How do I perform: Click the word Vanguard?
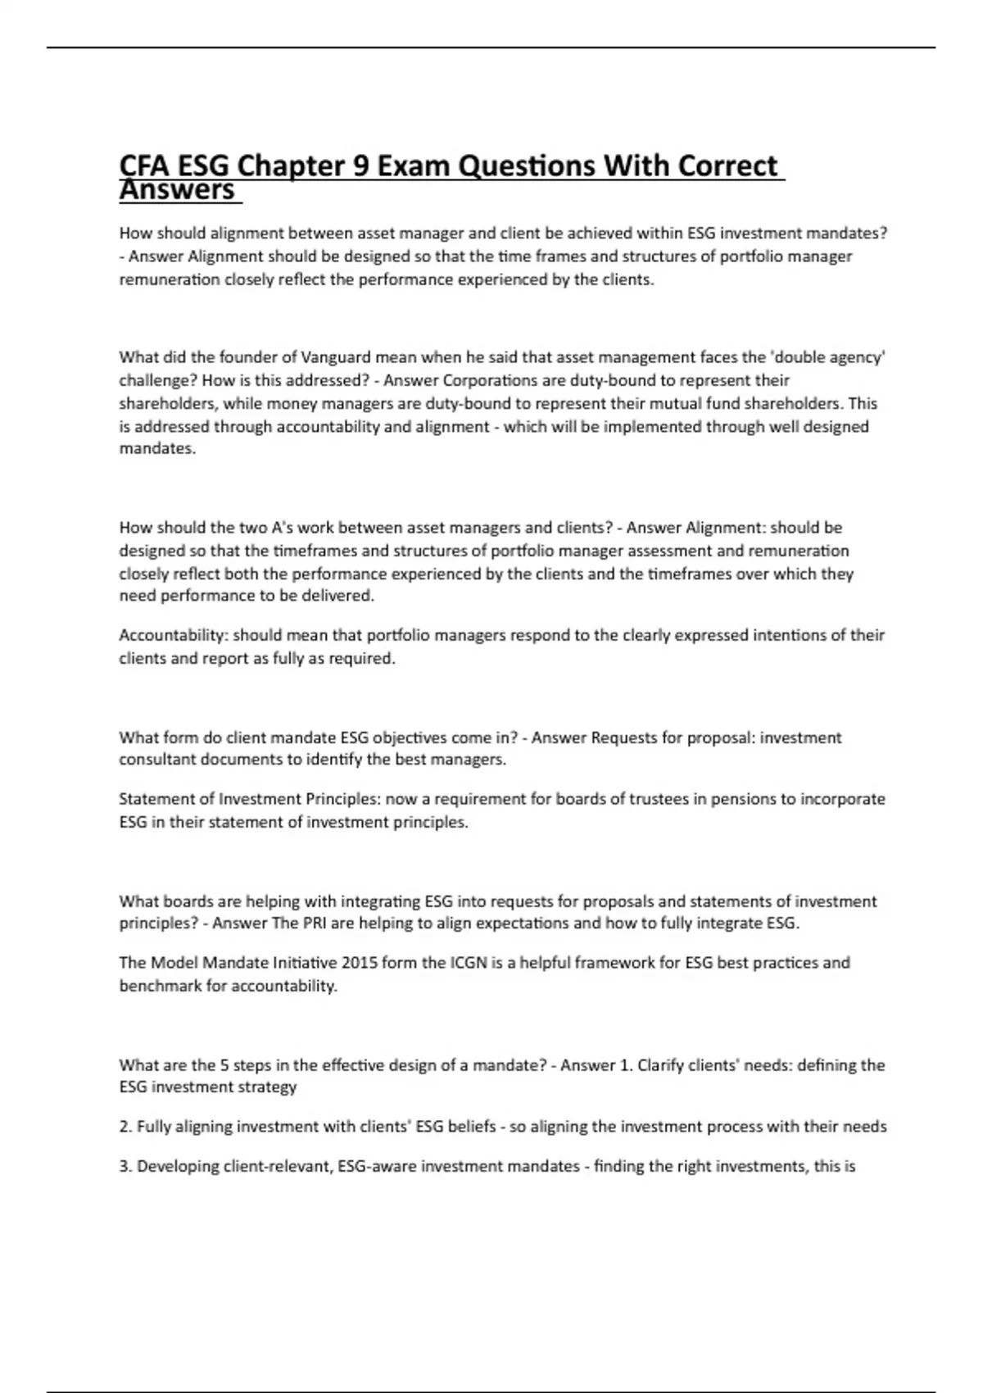(x=336, y=357)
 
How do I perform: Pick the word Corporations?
(x=491, y=380)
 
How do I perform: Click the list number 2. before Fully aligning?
(x=126, y=1127)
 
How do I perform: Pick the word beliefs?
(x=471, y=1127)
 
